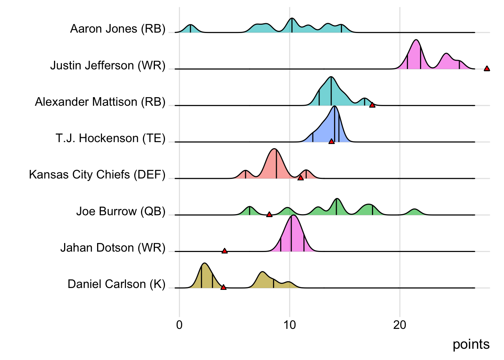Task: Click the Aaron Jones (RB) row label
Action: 118,29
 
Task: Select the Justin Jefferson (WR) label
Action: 108,66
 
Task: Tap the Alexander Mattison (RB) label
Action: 100,102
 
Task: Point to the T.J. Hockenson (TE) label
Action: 110,138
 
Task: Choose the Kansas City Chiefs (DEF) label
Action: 97,175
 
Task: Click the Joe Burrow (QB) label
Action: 121,211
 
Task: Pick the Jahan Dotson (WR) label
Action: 112,248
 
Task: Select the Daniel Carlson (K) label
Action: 116,284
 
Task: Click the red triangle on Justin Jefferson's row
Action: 487,68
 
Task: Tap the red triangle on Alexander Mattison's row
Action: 372,105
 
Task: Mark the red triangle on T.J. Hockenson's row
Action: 331,141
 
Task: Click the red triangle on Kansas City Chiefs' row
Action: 300,178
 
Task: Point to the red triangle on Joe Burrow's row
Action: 269,214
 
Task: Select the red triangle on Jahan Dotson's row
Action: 224,250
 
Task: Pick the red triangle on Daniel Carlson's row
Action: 223,287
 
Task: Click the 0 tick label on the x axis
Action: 179,325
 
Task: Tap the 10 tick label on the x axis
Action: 289,325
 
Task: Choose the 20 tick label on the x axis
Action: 400,325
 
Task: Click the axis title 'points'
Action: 471,344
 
